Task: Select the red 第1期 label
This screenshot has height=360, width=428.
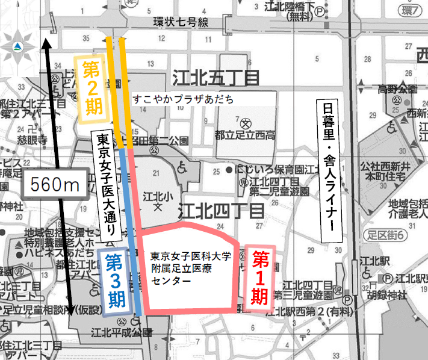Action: click(259, 278)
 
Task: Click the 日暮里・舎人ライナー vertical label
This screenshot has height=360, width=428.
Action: click(329, 166)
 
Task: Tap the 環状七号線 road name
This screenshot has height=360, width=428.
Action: click(181, 23)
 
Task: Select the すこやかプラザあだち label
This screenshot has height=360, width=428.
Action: click(182, 99)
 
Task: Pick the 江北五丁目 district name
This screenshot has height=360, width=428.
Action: click(216, 78)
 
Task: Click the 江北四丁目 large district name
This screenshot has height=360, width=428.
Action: click(223, 211)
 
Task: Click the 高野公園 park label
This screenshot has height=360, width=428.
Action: click(397, 90)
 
